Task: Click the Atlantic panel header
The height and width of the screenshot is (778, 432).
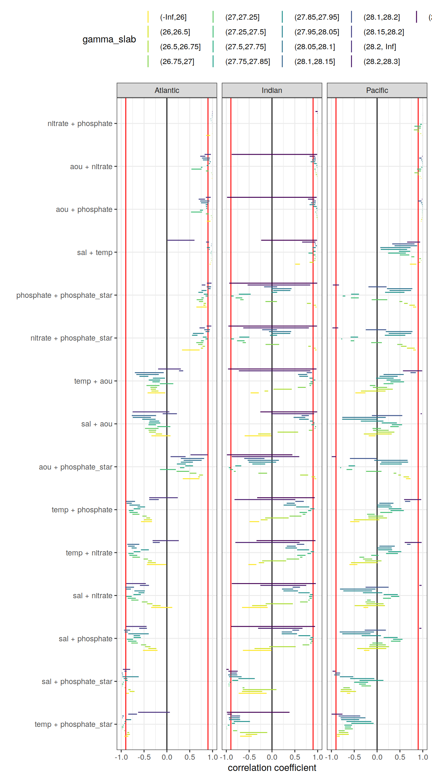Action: coord(166,90)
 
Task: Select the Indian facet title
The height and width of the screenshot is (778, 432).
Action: coord(272,90)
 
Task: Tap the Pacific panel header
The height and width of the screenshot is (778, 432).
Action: coord(377,90)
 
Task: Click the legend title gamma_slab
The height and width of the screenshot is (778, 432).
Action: coord(109,39)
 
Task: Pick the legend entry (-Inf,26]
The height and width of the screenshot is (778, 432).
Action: coord(173,17)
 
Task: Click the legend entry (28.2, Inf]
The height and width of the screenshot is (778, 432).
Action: coord(380,47)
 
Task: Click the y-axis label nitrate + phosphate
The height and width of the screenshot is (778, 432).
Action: coord(80,124)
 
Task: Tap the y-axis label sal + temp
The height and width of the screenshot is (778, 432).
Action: coord(94,252)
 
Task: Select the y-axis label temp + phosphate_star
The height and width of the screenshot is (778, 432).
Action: coord(73,724)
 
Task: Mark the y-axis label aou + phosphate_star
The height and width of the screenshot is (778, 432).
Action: coord(76,467)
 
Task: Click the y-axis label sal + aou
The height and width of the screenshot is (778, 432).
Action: coord(97,424)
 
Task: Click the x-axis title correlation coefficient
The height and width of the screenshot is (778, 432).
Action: coord(272,768)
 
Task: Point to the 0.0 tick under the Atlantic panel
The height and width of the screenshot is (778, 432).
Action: coord(167,757)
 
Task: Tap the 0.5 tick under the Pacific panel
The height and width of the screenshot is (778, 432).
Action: coord(400,757)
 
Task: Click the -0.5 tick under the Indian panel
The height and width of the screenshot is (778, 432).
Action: coord(249,757)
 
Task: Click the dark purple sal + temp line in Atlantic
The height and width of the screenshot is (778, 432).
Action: coord(181,240)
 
